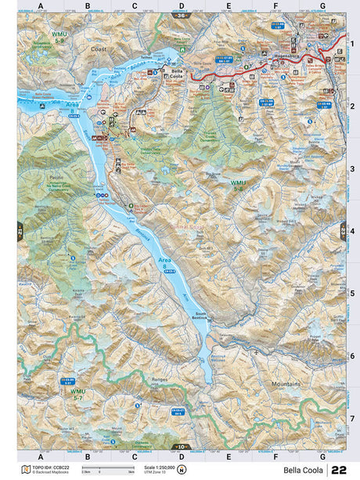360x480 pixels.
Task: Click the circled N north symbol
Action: coord(182,470)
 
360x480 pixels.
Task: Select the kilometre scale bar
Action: coord(102,471)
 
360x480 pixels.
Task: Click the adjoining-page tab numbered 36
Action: coord(182,15)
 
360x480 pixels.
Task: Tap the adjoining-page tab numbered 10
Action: coord(182,447)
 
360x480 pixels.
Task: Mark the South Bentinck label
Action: coord(201,317)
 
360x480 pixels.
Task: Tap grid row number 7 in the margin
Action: coord(353,418)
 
